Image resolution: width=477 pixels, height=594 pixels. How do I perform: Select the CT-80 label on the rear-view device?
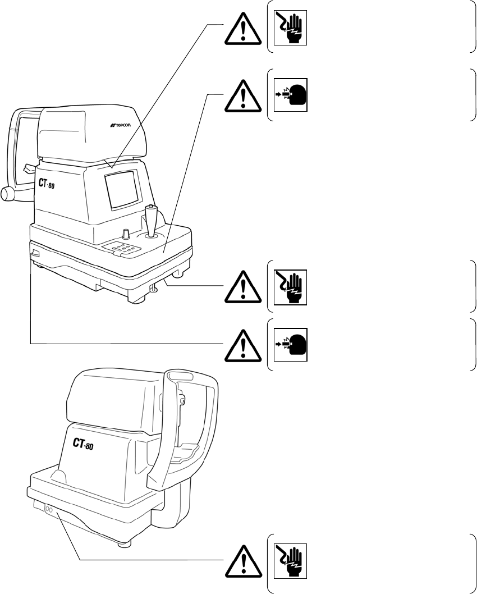pyautogui.click(x=82, y=444)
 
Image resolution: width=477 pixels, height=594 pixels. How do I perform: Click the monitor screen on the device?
pyautogui.click(x=122, y=189)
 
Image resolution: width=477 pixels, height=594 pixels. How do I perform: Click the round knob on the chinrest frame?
pyautogui.click(x=7, y=193)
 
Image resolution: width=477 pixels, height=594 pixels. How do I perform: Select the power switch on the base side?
pyautogui.click(x=34, y=254)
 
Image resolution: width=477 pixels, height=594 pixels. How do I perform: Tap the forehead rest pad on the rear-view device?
pyautogui.click(x=178, y=376)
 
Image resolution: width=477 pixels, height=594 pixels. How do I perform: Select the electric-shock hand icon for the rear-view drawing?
pyautogui.click(x=291, y=562)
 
